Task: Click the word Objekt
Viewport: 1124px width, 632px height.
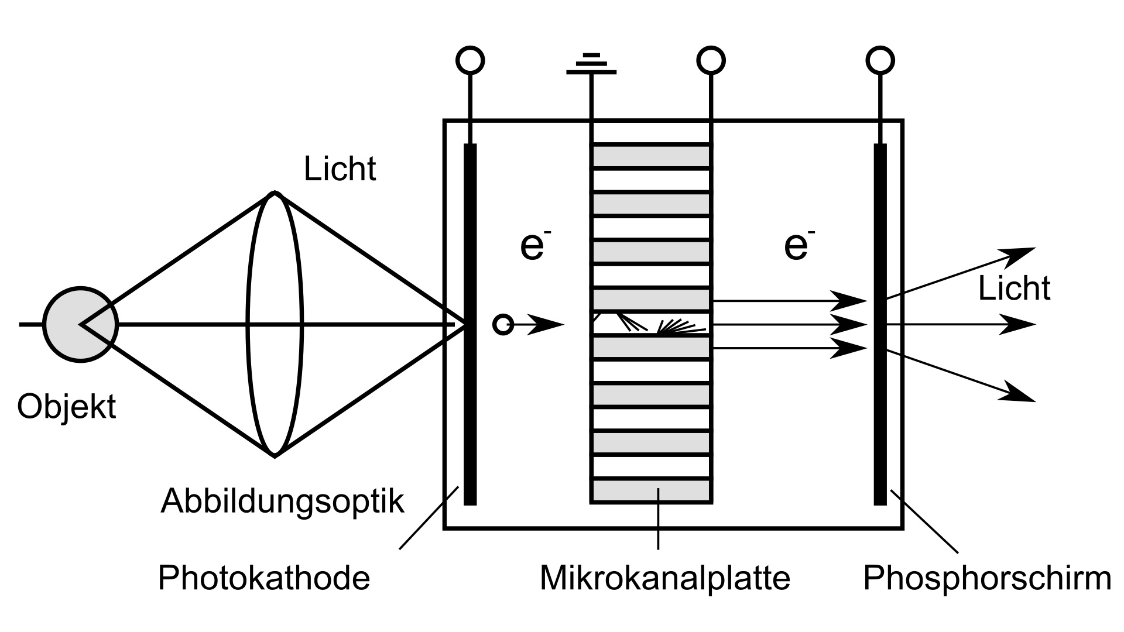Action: tap(66, 406)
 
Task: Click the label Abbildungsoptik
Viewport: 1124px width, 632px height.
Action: tap(282, 501)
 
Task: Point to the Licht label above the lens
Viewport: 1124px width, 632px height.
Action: tap(340, 169)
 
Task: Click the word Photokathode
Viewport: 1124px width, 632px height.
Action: tap(264, 578)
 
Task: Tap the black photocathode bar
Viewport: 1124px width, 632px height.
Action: tap(470, 410)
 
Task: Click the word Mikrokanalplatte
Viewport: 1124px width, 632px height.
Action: tap(664, 578)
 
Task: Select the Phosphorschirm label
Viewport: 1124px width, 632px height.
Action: tap(987, 578)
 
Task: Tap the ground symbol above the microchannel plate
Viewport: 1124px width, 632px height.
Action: tap(591, 64)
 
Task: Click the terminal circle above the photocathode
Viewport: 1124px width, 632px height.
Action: tap(470, 60)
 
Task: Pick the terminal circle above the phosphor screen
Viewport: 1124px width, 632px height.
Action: tap(880, 60)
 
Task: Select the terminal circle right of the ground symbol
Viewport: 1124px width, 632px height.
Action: tap(711, 60)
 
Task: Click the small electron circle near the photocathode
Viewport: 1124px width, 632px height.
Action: tap(503, 324)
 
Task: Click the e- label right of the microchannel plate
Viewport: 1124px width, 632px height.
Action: tap(798, 246)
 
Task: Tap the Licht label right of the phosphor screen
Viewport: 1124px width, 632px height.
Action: tap(1014, 288)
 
